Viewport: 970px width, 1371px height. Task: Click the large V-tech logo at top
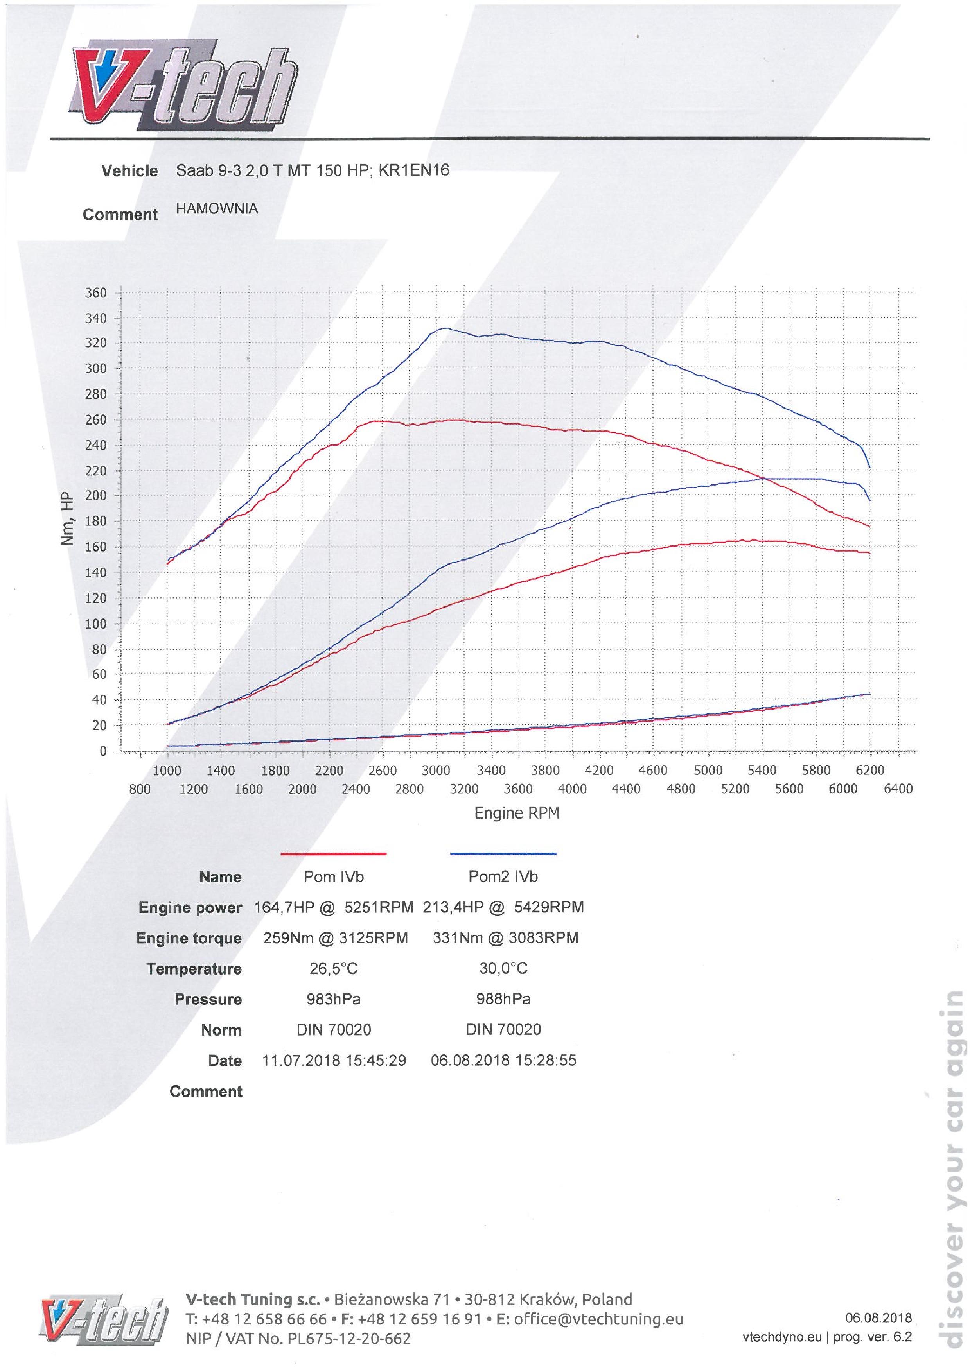pos(185,86)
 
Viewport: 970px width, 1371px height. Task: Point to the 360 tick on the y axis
pos(95,292)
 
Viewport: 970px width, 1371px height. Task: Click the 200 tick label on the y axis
pos(95,496)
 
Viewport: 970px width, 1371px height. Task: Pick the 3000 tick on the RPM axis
pos(436,770)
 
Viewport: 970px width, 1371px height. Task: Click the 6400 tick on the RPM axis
pos(898,789)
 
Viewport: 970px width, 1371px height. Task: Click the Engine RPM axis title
pos(517,813)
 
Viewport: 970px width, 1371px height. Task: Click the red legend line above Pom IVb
pos(333,854)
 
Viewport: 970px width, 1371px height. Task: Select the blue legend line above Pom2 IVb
pos(503,854)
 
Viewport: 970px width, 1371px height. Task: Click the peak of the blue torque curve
pos(444,328)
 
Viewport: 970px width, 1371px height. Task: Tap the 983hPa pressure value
pos(333,999)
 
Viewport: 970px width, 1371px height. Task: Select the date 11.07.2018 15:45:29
pos(334,1061)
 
